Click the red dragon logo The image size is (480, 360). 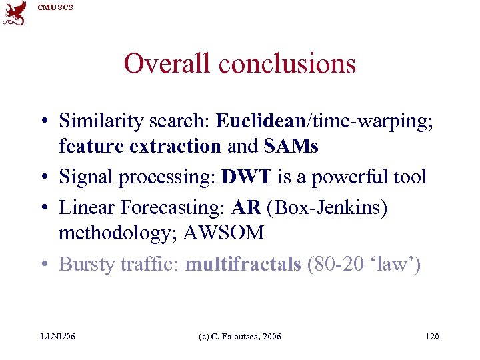(15, 13)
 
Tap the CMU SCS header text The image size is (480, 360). (55, 7)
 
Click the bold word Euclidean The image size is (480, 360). (259, 121)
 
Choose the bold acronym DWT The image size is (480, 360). (247, 177)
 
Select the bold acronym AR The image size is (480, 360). (246, 208)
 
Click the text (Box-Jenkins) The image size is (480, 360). (326, 208)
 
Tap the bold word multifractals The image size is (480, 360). (243, 264)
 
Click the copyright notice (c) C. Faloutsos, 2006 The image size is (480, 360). (240, 336)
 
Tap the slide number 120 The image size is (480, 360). (432, 336)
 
